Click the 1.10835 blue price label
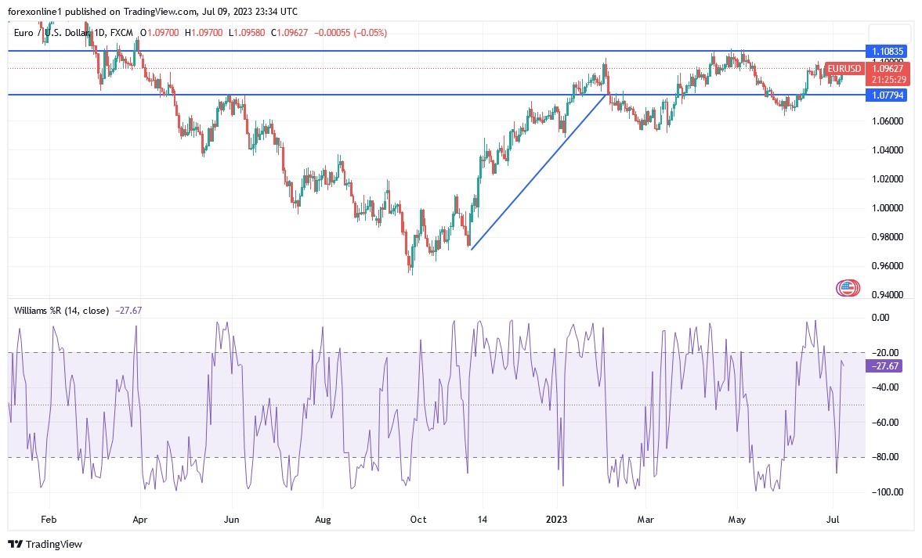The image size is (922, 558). (888, 51)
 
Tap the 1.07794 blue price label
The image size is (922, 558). (888, 95)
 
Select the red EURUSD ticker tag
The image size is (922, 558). (844, 69)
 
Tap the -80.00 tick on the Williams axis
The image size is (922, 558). (884, 457)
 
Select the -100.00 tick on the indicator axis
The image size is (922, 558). (884, 492)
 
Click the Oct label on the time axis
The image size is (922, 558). (418, 519)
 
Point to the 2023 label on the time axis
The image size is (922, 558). (557, 519)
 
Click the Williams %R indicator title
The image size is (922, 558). (61, 311)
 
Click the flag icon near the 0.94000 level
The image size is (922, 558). (846, 288)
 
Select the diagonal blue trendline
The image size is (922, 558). (538, 171)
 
